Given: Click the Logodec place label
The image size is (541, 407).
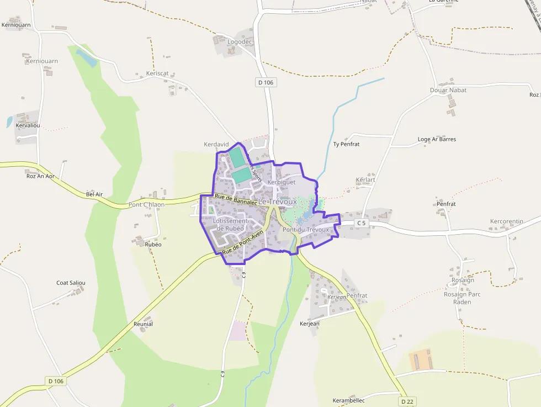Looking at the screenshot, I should pyautogui.click(x=240, y=41).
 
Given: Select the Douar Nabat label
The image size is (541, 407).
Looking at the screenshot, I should pyautogui.click(x=448, y=90).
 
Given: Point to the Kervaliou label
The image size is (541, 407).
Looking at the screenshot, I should pyautogui.click(x=28, y=125).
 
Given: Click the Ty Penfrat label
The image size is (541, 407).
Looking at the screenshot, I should pyautogui.click(x=346, y=144).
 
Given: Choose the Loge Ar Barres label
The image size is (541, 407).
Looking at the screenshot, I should pyautogui.click(x=437, y=139).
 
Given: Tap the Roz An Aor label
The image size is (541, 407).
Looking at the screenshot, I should pyautogui.click(x=40, y=176).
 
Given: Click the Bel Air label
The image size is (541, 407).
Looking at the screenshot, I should pyautogui.click(x=95, y=194).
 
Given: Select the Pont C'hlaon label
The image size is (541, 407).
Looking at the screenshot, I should pyautogui.click(x=146, y=204).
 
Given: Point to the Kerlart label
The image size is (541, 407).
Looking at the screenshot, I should pyautogui.click(x=365, y=180).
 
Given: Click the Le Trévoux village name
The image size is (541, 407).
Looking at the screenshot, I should pyautogui.click(x=278, y=202).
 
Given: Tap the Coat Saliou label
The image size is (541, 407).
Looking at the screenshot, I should pyautogui.click(x=71, y=283).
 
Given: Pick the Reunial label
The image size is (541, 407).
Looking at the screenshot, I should pyautogui.click(x=143, y=324).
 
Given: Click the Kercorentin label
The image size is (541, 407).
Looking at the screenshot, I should pyautogui.click(x=506, y=221).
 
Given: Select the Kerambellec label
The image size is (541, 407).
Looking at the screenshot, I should pyautogui.click(x=348, y=400).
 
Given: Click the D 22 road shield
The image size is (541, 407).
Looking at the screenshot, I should pyautogui.click(x=407, y=401).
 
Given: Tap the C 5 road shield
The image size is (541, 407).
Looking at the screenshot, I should pyautogui.click(x=361, y=223).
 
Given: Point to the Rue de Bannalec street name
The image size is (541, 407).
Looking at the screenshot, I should pyautogui.click(x=236, y=199).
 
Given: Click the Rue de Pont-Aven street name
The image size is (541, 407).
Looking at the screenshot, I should pyautogui.click(x=242, y=244).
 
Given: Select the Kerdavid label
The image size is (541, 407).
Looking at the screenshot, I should pyautogui.click(x=216, y=144).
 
